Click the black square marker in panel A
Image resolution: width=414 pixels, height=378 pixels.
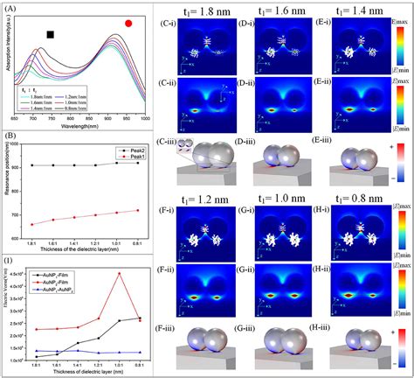50,34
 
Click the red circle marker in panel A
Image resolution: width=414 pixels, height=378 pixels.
129,24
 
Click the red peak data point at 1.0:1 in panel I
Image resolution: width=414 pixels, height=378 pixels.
120,274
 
